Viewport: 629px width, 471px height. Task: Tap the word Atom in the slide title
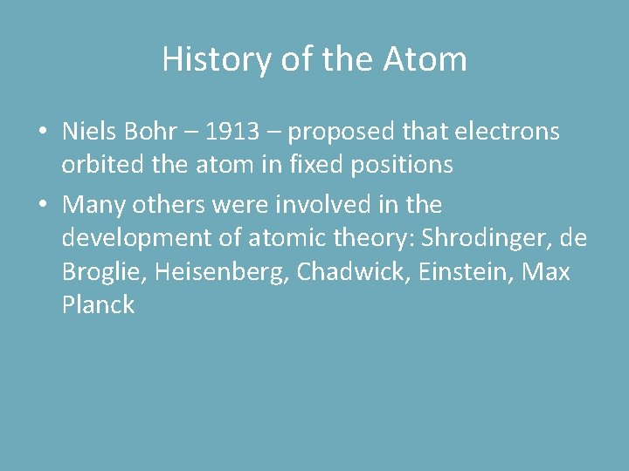425,59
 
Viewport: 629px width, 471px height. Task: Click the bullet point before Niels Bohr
43,133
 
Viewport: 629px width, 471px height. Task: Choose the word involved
337,206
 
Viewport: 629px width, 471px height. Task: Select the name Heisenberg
222,273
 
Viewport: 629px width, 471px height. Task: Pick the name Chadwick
353,272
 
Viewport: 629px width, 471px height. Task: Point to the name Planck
99,305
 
